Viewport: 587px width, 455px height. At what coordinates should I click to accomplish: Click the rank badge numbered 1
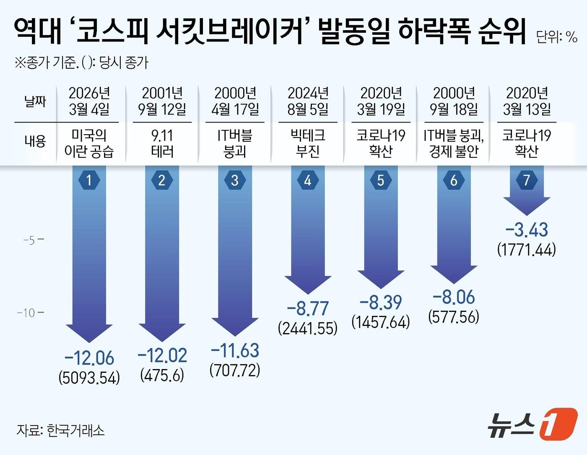click(89, 180)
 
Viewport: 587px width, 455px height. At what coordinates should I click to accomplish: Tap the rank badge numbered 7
click(527, 180)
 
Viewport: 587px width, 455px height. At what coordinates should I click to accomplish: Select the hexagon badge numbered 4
click(308, 180)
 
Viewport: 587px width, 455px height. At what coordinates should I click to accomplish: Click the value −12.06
click(89, 358)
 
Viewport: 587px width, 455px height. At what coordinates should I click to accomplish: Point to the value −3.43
click(527, 230)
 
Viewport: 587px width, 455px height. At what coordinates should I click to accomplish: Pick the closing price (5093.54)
click(89, 377)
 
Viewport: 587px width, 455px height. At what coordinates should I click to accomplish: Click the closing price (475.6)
click(162, 375)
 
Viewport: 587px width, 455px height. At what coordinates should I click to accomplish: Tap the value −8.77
click(308, 309)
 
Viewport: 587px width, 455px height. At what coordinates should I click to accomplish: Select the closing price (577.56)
click(454, 316)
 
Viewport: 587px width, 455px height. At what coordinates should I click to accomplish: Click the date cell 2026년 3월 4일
click(89, 101)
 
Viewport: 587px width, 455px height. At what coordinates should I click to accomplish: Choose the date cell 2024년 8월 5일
click(308, 101)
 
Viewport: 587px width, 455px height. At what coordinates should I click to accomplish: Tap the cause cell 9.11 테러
click(162, 143)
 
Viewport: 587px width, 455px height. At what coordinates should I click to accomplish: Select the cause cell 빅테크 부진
click(308, 143)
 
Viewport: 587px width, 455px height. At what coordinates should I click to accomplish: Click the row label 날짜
click(35, 101)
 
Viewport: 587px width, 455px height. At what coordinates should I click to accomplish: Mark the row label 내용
click(35, 141)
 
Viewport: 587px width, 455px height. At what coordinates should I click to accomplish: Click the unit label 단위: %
click(557, 37)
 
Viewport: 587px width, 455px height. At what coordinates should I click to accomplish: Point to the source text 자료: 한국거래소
click(61, 430)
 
